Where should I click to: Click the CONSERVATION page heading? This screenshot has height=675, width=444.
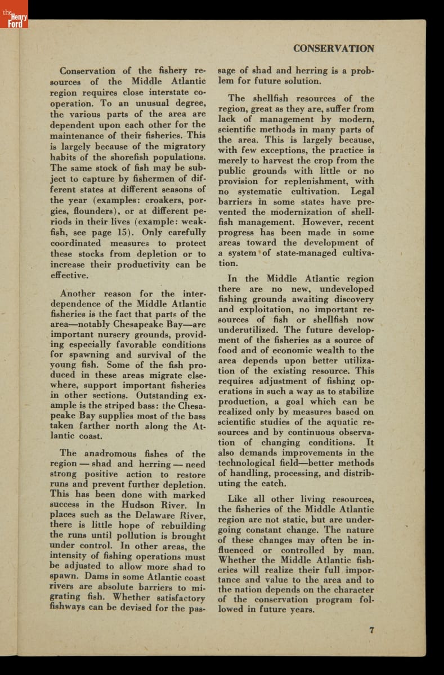(x=333, y=49)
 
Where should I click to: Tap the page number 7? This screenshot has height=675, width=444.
(x=371, y=629)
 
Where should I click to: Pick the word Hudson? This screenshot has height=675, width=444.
(x=138, y=505)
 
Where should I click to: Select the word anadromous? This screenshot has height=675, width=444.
(x=110, y=453)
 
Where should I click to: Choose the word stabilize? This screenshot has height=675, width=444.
(x=352, y=391)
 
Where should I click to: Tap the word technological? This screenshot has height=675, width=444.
(x=250, y=463)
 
